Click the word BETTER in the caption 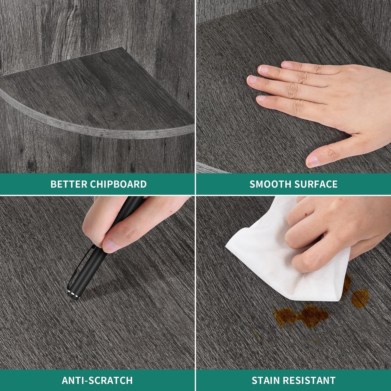pos(69,184)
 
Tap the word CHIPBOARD pos(118,184)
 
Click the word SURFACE pos(316,184)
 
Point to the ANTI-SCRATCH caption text pos(97,380)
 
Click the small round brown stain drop pos(360,297)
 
